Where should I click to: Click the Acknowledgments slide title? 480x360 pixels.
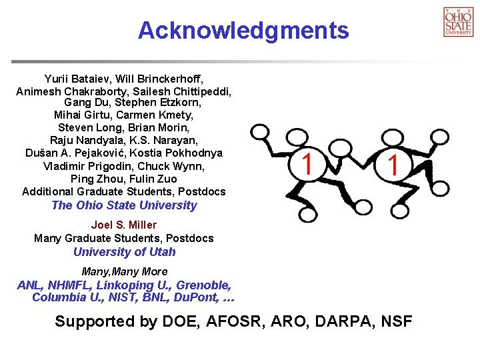click(243, 30)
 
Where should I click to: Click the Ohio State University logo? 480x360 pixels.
click(458, 21)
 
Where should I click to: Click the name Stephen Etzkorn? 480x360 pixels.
click(158, 103)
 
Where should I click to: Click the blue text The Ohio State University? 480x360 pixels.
click(124, 205)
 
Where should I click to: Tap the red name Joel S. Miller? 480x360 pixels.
click(124, 225)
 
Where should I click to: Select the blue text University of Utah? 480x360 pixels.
click(124, 252)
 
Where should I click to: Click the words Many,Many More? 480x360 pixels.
click(124, 271)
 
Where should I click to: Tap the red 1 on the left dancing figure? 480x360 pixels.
click(307, 164)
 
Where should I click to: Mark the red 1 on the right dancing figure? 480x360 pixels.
click(393, 164)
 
